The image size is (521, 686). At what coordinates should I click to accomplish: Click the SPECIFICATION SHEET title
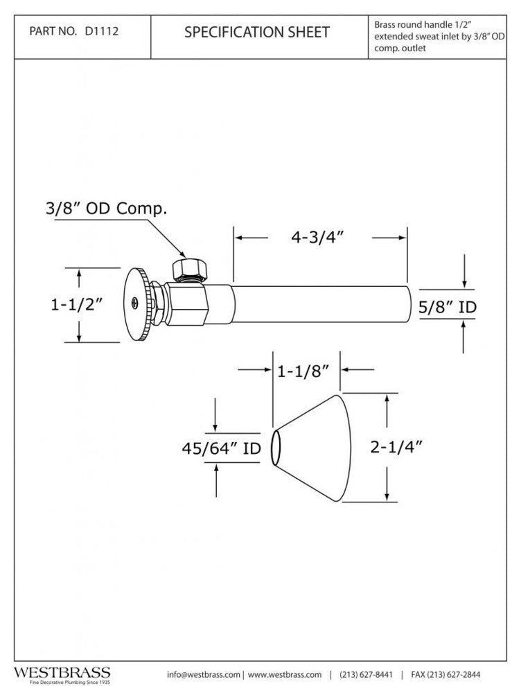257,32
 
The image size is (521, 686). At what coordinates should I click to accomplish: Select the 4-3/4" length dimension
319,237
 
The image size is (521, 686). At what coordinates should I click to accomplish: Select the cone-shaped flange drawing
319,448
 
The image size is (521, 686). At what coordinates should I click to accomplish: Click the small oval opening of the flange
275,448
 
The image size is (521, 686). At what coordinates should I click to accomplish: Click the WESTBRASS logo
62,673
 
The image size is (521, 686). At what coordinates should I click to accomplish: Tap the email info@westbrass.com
204,674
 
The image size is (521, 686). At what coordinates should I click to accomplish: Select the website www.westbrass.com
285,674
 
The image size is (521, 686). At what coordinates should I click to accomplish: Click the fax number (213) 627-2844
446,674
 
